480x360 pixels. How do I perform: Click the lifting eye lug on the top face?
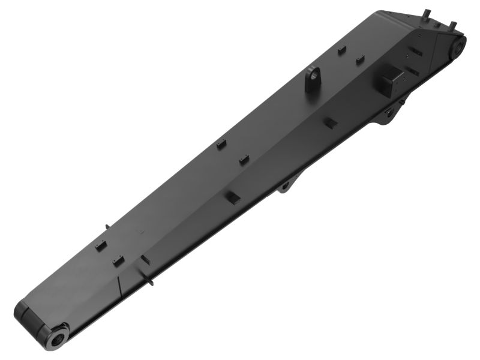pyautogui.click(x=313, y=80)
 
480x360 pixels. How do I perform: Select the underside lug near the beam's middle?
pyautogui.click(x=285, y=187)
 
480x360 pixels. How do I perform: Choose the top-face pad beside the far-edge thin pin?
pyautogui.click(x=101, y=245)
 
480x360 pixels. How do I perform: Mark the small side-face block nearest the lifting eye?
pyautogui.click(x=330, y=121)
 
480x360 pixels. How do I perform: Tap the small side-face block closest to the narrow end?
pyautogui.click(x=145, y=259)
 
